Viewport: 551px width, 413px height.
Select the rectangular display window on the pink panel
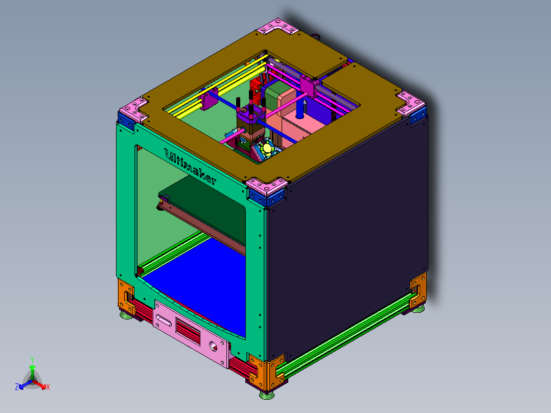point(188,329)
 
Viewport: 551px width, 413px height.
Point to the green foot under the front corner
point(266,394)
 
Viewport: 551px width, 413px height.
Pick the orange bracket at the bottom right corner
point(418,291)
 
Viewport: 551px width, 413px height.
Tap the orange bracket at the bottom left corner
point(126,295)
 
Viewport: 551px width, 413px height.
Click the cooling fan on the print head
point(267,149)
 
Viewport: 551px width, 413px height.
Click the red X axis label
point(48,387)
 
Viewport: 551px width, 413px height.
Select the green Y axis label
point(32,359)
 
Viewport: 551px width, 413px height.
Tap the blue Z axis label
point(17,387)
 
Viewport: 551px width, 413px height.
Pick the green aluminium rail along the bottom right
point(348,332)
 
